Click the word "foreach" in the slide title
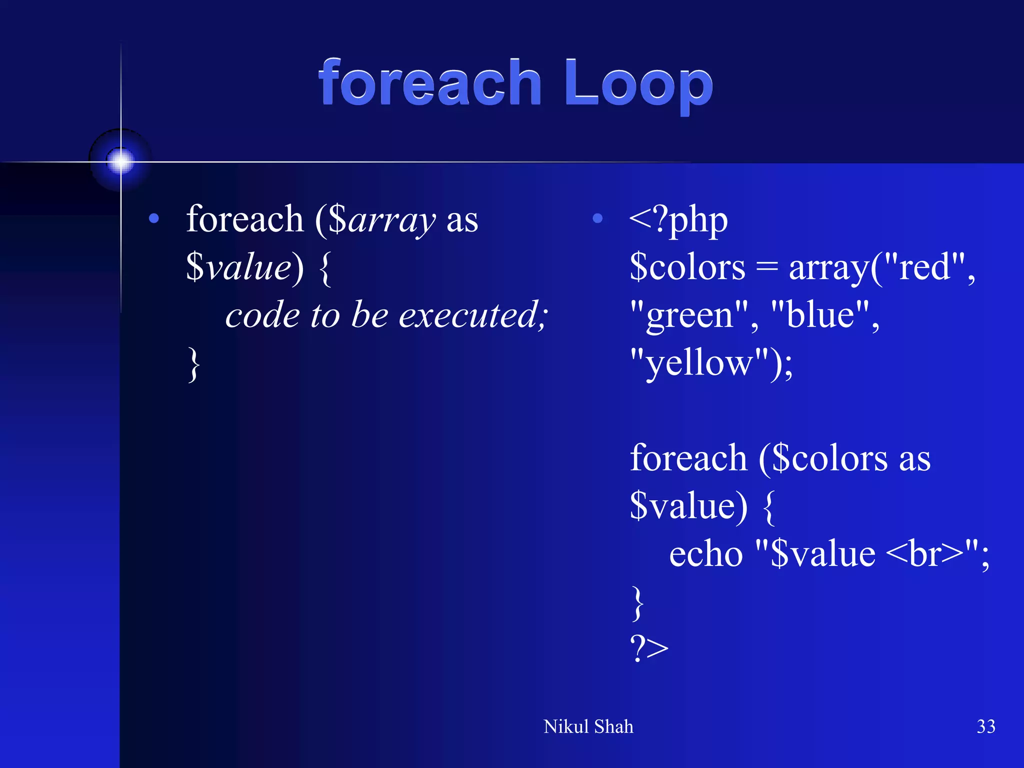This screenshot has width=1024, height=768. tap(430, 82)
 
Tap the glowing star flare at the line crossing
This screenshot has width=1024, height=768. tap(120, 161)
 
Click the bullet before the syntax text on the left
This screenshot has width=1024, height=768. tap(154, 218)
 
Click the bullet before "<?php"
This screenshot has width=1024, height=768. tap(597, 218)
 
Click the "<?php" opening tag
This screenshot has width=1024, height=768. tap(678, 220)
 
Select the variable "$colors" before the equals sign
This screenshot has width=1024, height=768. tap(687, 267)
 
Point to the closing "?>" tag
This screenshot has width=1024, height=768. tap(648, 648)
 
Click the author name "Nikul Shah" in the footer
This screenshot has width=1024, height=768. tap(588, 726)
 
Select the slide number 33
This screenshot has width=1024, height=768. tap(985, 726)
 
